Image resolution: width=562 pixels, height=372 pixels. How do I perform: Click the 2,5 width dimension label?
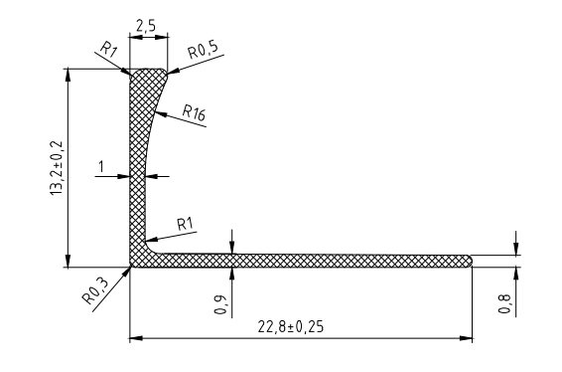(x=146, y=26)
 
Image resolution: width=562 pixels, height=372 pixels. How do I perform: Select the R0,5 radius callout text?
(x=203, y=51)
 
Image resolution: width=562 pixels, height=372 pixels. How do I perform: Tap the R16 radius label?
(x=194, y=112)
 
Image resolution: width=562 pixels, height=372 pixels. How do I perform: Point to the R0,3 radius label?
(x=95, y=290)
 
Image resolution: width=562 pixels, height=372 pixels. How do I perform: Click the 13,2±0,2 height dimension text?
(x=57, y=168)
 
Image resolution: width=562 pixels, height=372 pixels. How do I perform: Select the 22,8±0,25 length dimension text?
(x=290, y=327)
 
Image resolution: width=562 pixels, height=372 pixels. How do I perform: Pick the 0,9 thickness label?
(x=220, y=304)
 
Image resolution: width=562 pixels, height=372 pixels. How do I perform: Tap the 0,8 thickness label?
(x=504, y=303)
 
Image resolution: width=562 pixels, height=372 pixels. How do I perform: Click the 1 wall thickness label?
(x=101, y=167)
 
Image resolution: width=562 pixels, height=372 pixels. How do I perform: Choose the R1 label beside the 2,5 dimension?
(x=108, y=49)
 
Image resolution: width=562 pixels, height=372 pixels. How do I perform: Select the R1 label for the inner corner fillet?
(x=185, y=224)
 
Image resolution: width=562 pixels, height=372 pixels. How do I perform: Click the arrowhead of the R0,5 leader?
(x=173, y=72)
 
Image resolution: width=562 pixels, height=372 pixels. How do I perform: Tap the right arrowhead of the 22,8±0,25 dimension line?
(x=466, y=338)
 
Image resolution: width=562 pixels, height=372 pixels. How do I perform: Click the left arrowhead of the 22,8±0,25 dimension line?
(x=136, y=338)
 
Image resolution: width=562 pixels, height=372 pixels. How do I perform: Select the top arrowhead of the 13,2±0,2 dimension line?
(x=69, y=75)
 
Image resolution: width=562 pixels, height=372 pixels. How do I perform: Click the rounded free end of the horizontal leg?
(x=469, y=261)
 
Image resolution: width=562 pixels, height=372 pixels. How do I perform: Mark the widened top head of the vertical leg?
(x=148, y=79)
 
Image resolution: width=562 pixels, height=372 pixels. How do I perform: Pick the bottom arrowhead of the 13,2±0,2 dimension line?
(x=69, y=261)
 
